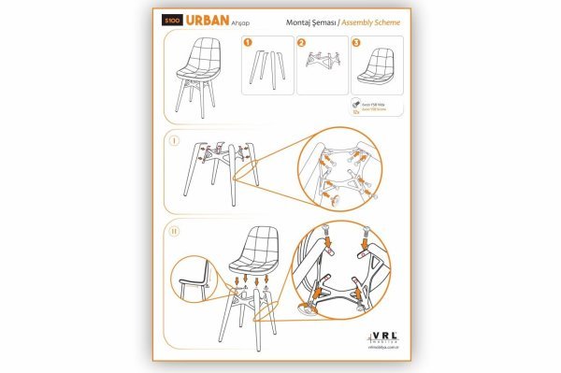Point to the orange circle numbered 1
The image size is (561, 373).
[248, 42]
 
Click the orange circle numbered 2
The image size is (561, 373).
[301, 42]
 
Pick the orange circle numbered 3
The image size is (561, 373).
[355, 42]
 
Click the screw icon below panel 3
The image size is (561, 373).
[357, 106]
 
